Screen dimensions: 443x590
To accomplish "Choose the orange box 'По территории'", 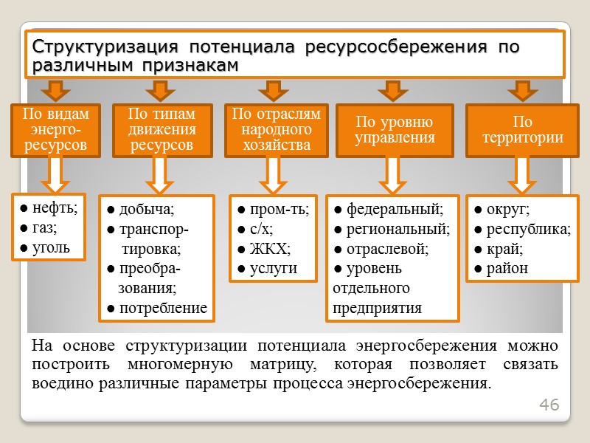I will click(523, 130).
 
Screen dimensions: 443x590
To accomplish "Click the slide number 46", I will click(549, 405).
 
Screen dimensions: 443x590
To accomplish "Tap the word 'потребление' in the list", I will click(157, 308).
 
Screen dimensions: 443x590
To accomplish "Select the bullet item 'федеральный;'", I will click(388, 208).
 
